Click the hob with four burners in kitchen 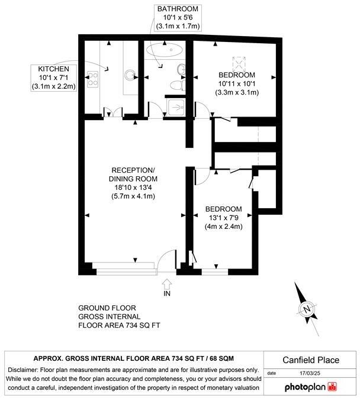[93, 79]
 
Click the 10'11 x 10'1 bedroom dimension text [237, 84]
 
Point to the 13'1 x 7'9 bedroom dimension [224, 218]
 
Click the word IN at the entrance [167, 293]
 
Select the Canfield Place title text [310, 360]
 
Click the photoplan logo [310, 387]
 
